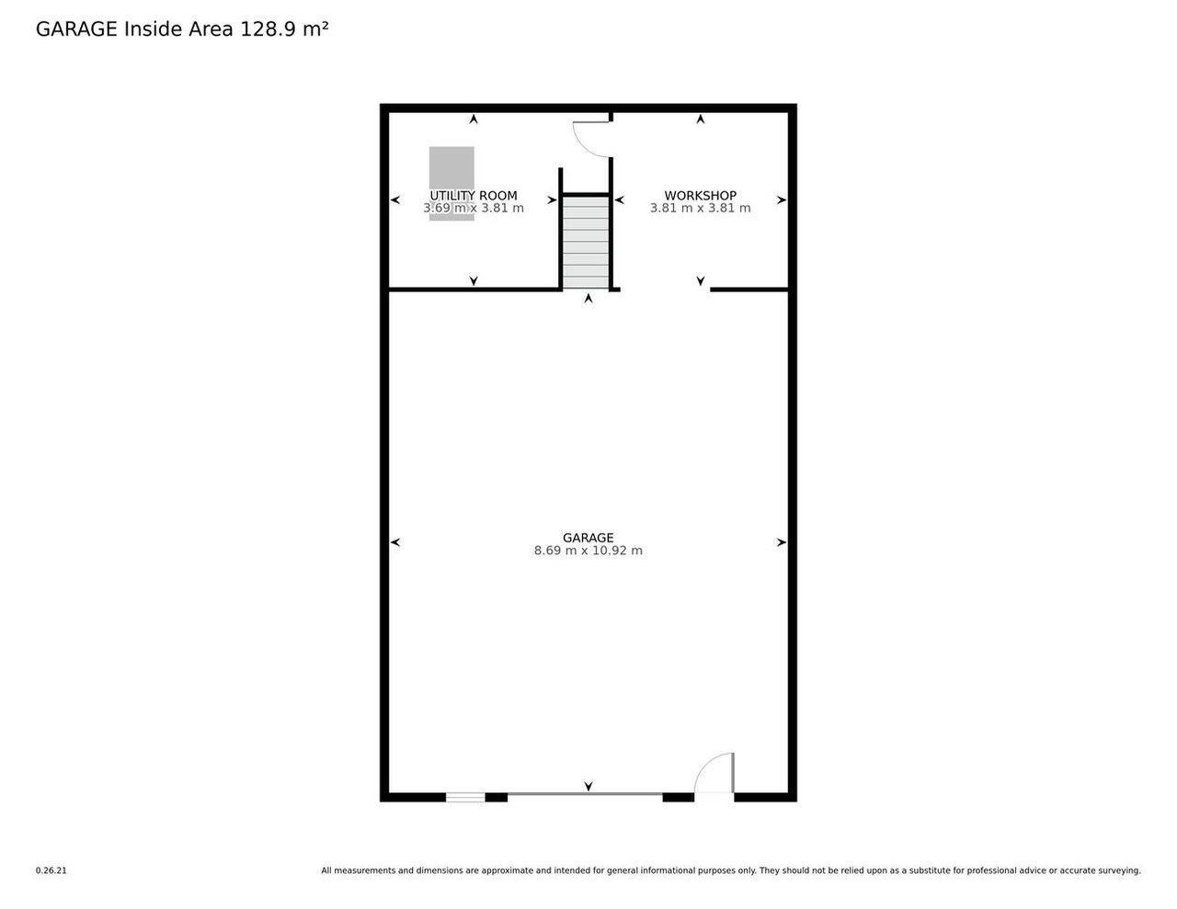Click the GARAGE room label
[x=588, y=538]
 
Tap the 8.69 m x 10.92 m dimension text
[x=588, y=551]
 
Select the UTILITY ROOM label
[x=474, y=196]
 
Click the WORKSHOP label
[x=700, y=196]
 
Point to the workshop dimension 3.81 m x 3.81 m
[x=700, y=209]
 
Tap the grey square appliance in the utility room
[x=451, y=167]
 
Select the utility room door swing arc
[x=589, y=140]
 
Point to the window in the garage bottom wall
[x=465, y=797]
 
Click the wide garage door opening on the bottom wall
[x=585, y=794]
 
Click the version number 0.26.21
[x=51, y=870]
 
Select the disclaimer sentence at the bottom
[x=730, y=870]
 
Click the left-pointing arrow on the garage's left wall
[x=395, y=542]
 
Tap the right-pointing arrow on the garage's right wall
[x=782, y=542]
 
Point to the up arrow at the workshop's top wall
[x=701, y=119]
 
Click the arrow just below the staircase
[x=588, y=298]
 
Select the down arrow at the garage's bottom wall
[x=588, y=786]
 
